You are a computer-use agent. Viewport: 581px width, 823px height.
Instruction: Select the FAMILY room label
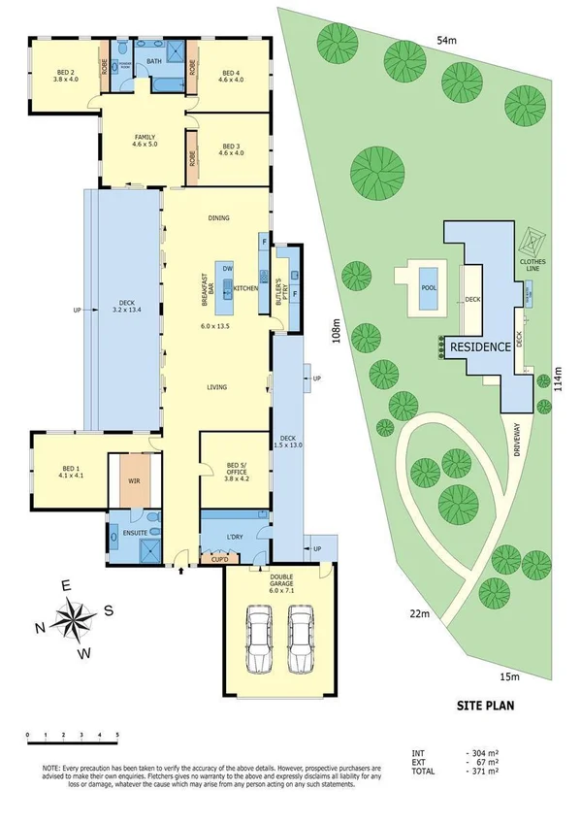click(145, 142)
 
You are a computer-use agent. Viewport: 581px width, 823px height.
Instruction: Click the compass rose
click(75, 618)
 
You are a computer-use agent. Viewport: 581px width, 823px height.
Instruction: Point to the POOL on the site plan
click(428, 288)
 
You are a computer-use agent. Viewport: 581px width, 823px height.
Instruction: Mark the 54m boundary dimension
click(445, 41)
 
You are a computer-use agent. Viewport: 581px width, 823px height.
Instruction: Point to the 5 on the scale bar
click(116, 734)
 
